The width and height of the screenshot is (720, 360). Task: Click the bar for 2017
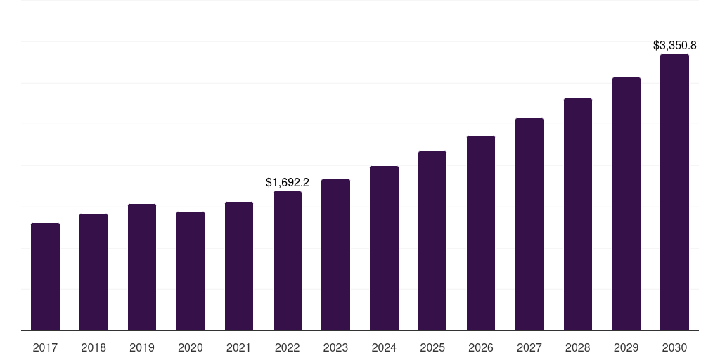(x=45, y=277)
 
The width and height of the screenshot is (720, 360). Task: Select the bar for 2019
(x=142, y=267)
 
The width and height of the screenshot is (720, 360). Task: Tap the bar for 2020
(x=191, y=271)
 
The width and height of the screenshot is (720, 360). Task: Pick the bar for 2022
(x=288, y=261)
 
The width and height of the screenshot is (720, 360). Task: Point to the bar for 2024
(x=385, y=248)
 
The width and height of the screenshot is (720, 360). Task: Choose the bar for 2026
(x=481, y=233)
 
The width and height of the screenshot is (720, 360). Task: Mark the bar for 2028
(x=578, y=214)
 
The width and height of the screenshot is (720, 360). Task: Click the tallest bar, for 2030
(x=674, y=193)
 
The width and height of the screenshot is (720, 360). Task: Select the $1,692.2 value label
(x=288, y=182)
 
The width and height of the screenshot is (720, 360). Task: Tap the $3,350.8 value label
(x=674, y=46)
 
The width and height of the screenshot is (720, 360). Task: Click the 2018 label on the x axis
(x=94, y=348)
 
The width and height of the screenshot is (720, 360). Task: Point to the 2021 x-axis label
(x=239, y=348)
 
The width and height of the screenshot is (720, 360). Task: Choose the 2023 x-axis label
(x=335, y=348)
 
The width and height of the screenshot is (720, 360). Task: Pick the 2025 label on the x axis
(x=432, y=348)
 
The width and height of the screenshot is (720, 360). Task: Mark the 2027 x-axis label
(x=529, y=348)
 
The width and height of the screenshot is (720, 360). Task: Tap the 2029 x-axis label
(x=626, y=348)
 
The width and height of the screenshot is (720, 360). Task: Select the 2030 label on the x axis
(x=674, y=348)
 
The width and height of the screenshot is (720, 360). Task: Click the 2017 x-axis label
(x=45, y=348)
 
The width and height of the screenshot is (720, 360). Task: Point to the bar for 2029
(x=626, y=204)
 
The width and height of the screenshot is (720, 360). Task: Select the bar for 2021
(x=239, y=266)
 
